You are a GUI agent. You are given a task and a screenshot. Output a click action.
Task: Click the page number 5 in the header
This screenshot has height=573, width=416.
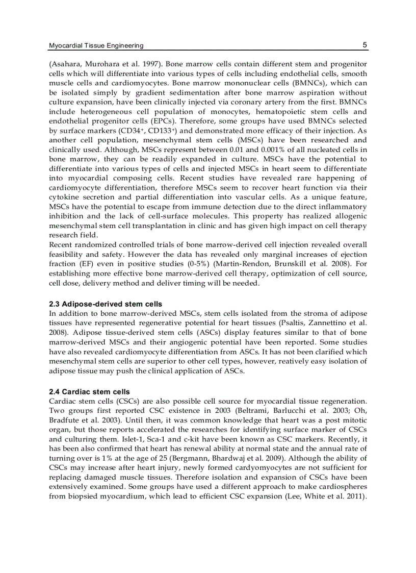pos(365,45)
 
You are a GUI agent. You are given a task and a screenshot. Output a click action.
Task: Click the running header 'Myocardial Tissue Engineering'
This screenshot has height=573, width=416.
pos(96,46)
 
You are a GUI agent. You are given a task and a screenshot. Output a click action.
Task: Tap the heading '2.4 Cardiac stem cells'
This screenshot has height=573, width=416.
pos(89,392)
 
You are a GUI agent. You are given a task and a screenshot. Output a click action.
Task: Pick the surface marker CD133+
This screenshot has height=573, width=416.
pos(149,131)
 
